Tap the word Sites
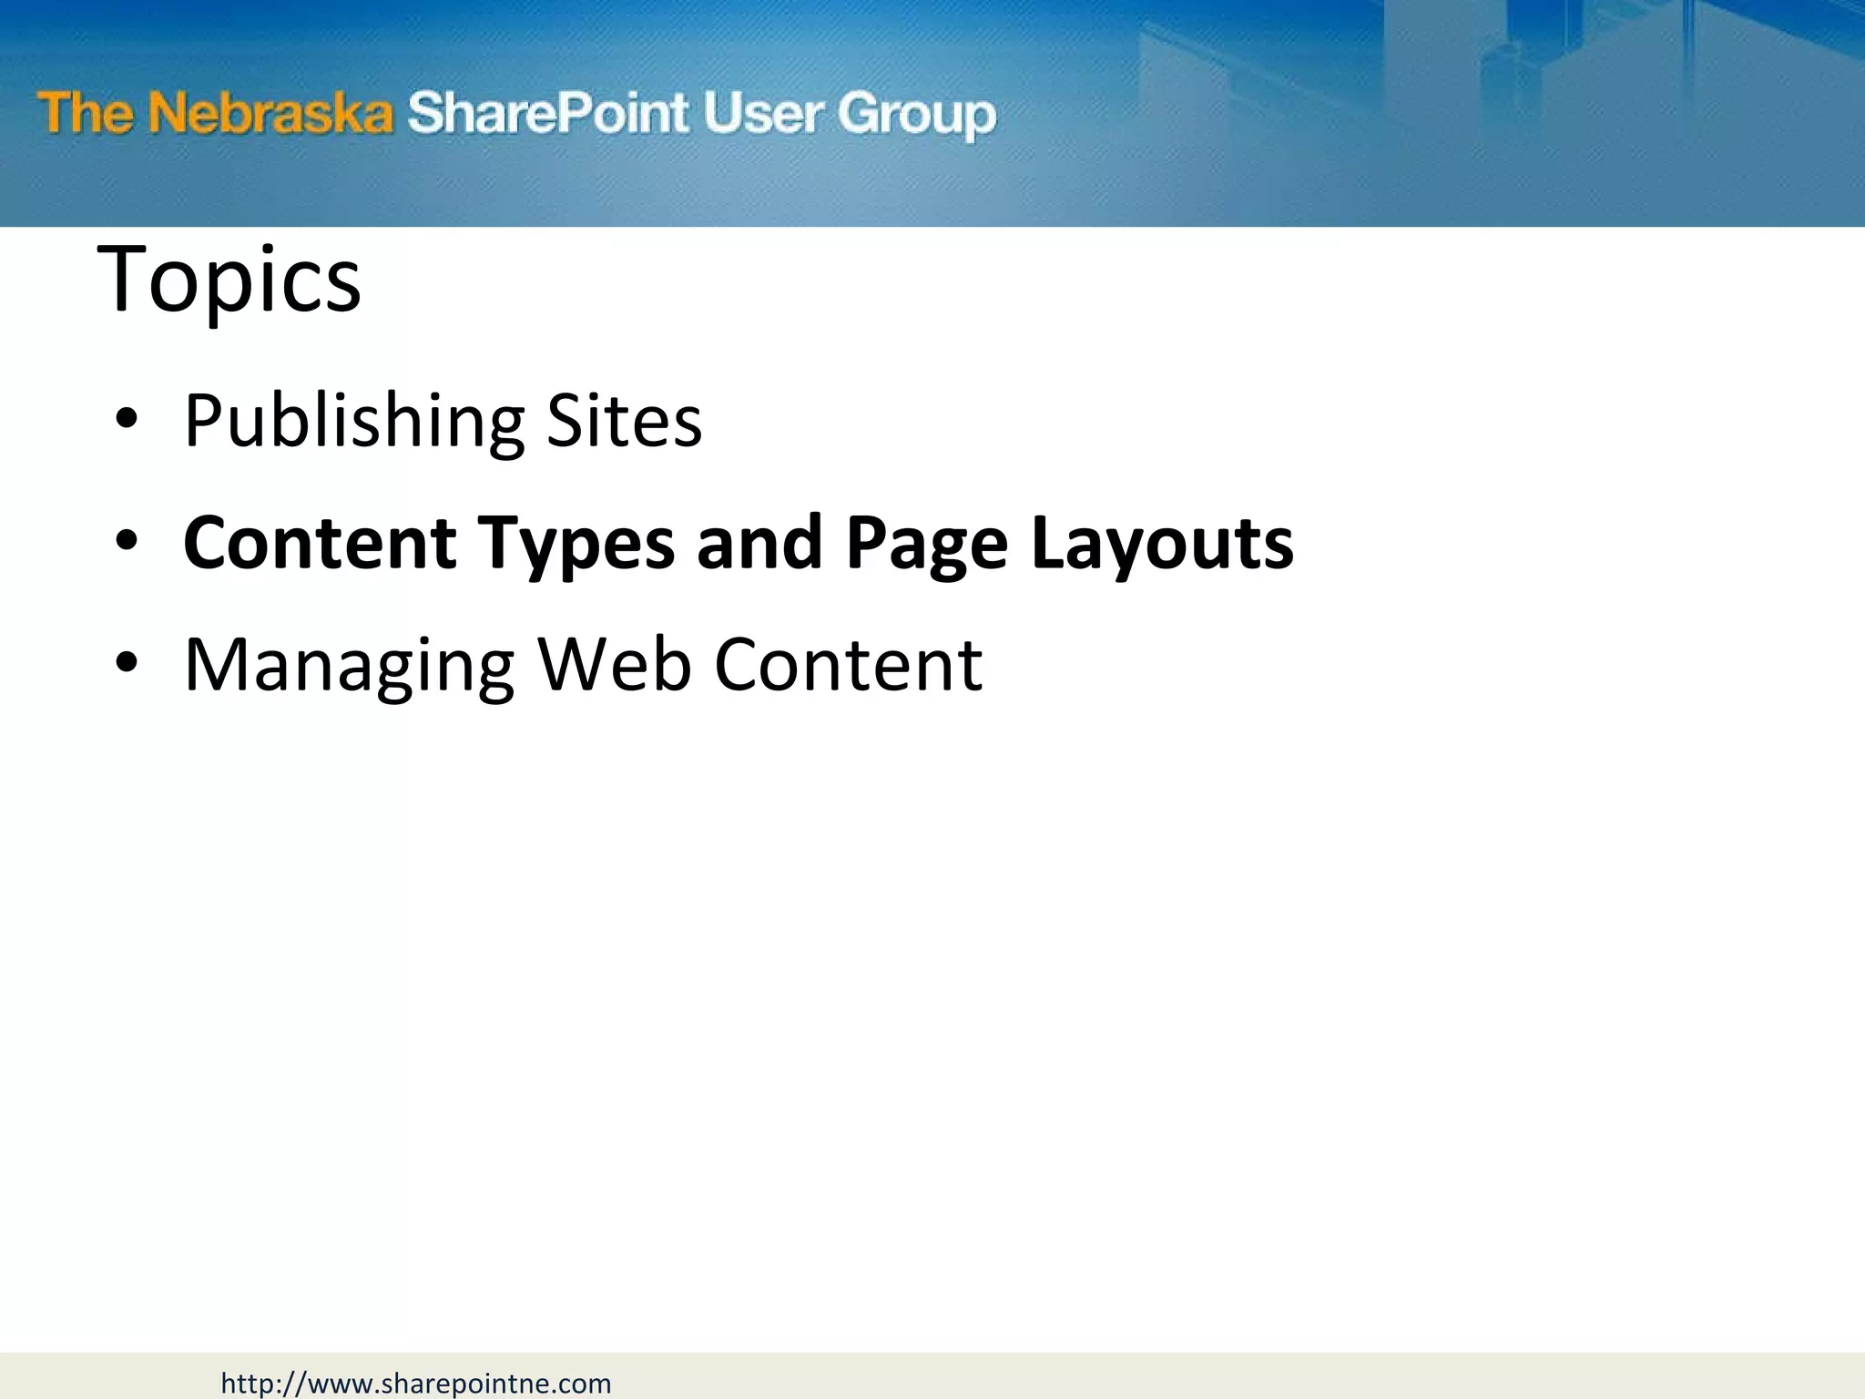pos(624,420)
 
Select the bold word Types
pos(576,545)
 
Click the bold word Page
pos(926,545)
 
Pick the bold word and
pos(759,543)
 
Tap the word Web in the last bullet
pos(615,664)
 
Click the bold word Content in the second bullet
pos(320,543)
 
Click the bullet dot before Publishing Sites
pos(127,420)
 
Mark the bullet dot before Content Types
pos(127,543)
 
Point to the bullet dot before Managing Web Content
pos(127,664)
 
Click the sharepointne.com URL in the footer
pos(416,1384)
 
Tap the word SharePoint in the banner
pos(546,114)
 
